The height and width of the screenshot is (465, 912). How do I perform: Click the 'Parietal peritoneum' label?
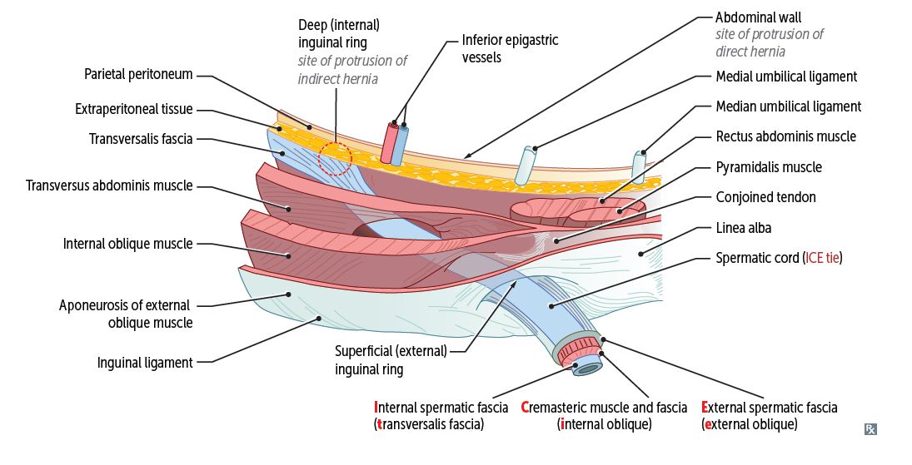[x=138, y=75]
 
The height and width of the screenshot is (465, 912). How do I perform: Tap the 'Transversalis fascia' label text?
[x=141, y=139]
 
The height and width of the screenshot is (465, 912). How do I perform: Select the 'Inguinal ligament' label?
[x=145, y=363]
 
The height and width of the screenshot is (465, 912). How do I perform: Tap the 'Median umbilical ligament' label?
[x=788, y=106]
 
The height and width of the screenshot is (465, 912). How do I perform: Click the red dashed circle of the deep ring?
[x=335, y=157]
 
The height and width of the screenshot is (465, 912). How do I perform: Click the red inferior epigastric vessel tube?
[x=389, y=143]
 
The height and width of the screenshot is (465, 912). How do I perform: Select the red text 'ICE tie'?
[x=823, y=258]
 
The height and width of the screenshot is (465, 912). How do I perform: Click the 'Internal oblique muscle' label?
[x=127, y=245]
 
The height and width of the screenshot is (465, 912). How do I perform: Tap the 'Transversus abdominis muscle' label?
[x=110, y=186]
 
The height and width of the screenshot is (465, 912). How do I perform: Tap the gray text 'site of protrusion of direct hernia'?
[x=769, y=42]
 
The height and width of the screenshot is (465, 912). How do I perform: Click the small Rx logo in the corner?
[x=870, y=429]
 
